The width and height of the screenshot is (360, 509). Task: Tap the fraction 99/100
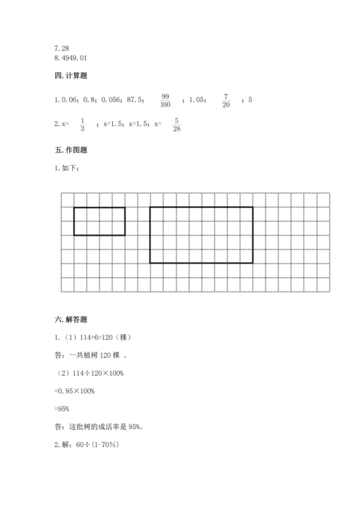click(x=166, y=100)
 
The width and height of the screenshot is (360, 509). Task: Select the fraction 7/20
click(x=225, y=100)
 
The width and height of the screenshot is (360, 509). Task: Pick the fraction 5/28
click(x=176, y=124)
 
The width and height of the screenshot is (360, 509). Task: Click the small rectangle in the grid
click(x=99, y=221)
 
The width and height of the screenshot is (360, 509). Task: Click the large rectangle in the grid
click(x=201, y=235)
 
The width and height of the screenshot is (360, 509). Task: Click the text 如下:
click(x=71, y=168)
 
